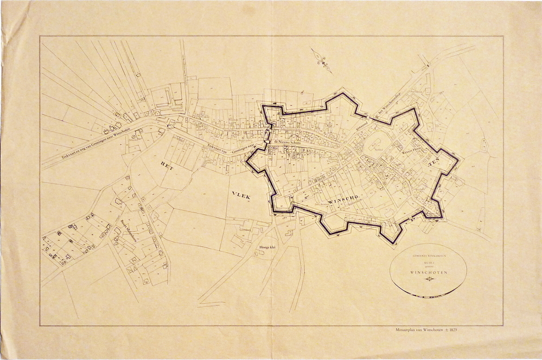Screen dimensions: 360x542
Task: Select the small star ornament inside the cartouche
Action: click(429, 279)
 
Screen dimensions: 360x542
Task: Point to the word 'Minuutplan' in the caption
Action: click(407, 330)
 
